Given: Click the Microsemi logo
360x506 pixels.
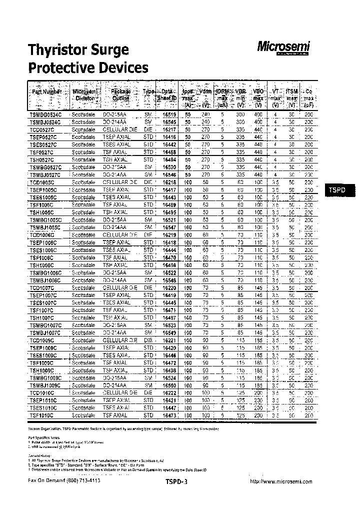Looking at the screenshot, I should [283, 48].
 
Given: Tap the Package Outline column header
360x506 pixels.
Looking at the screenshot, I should [120, 95].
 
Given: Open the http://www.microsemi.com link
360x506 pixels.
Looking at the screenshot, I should [280, 481].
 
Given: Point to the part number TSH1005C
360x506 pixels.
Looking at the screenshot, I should [43, 212].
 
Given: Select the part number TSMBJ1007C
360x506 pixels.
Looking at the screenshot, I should [45, 332].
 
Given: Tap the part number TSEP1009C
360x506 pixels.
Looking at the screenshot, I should [44, 347].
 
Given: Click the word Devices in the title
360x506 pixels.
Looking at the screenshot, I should [122, 67].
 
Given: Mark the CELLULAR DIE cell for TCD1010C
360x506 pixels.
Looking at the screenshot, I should [119, 393].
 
